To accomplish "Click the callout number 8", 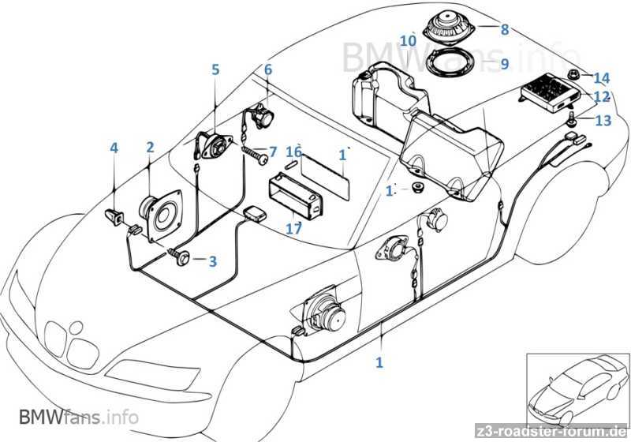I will [x=505, y=30].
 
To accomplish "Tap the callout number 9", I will [x=505, y=63].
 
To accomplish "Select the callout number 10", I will [x=408, y=40].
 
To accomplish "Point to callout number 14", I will [x=602, y=78].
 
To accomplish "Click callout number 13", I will [x=603, y=121].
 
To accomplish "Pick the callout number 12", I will [x=602, y=98].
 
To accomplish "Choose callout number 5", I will [x=215, y=69].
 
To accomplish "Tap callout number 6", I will [x=268, y=69].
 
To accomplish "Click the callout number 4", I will [x=114, y=148].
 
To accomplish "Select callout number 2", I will [x=149, y=148].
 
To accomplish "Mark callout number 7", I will [x=273, y=151].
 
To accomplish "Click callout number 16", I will [x=293, y=151].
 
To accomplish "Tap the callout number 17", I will [x=293, y=230].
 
